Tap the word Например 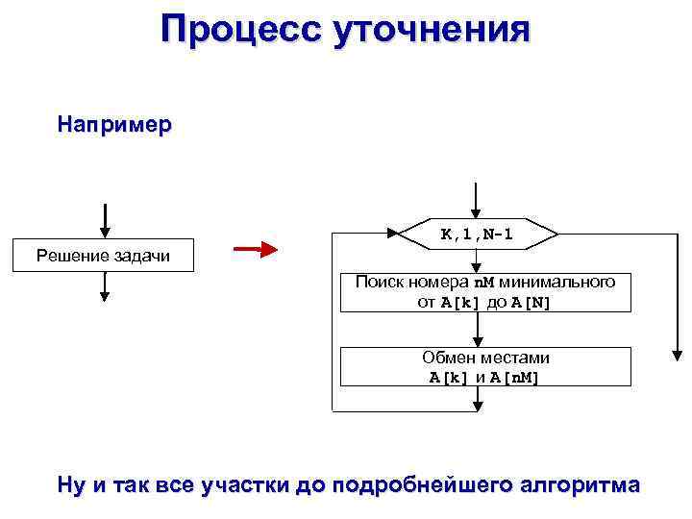point(114,125)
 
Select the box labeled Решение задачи point(103,255)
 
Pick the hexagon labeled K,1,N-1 point(479,234)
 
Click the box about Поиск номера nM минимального point(484,292)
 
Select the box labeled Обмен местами point(484,366)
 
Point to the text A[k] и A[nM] point(484,377)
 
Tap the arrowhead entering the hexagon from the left point(393,234)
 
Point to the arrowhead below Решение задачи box point(103,297)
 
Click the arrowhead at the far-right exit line point(676,353)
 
